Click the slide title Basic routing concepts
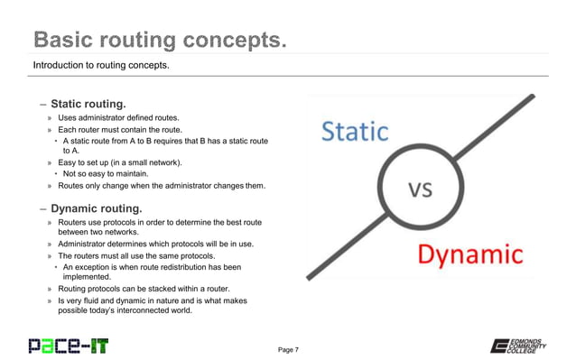[160, 41]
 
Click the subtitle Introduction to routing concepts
[100, 66]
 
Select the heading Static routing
[88, 103]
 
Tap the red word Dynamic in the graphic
[469, 255]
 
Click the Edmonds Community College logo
[521, 346]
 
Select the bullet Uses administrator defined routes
[119, 118]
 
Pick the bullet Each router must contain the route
[121, 130]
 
